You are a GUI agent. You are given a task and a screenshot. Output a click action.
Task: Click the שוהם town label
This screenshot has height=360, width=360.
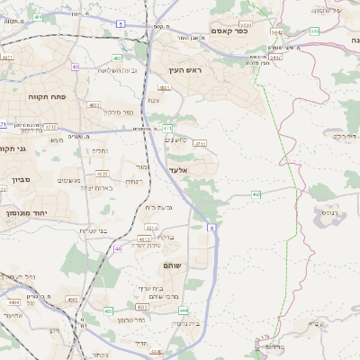172,266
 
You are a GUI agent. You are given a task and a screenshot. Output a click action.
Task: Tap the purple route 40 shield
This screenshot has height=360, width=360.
76,67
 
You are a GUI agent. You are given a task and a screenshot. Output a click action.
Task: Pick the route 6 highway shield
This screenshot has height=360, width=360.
212,229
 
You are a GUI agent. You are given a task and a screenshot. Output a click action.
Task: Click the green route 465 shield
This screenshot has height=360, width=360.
256,193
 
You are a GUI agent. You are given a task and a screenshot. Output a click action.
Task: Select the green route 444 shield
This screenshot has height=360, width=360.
184,310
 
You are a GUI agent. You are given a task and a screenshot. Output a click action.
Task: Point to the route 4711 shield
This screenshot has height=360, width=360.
200,143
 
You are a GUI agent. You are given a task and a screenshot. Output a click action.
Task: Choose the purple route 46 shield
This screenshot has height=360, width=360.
117,248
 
